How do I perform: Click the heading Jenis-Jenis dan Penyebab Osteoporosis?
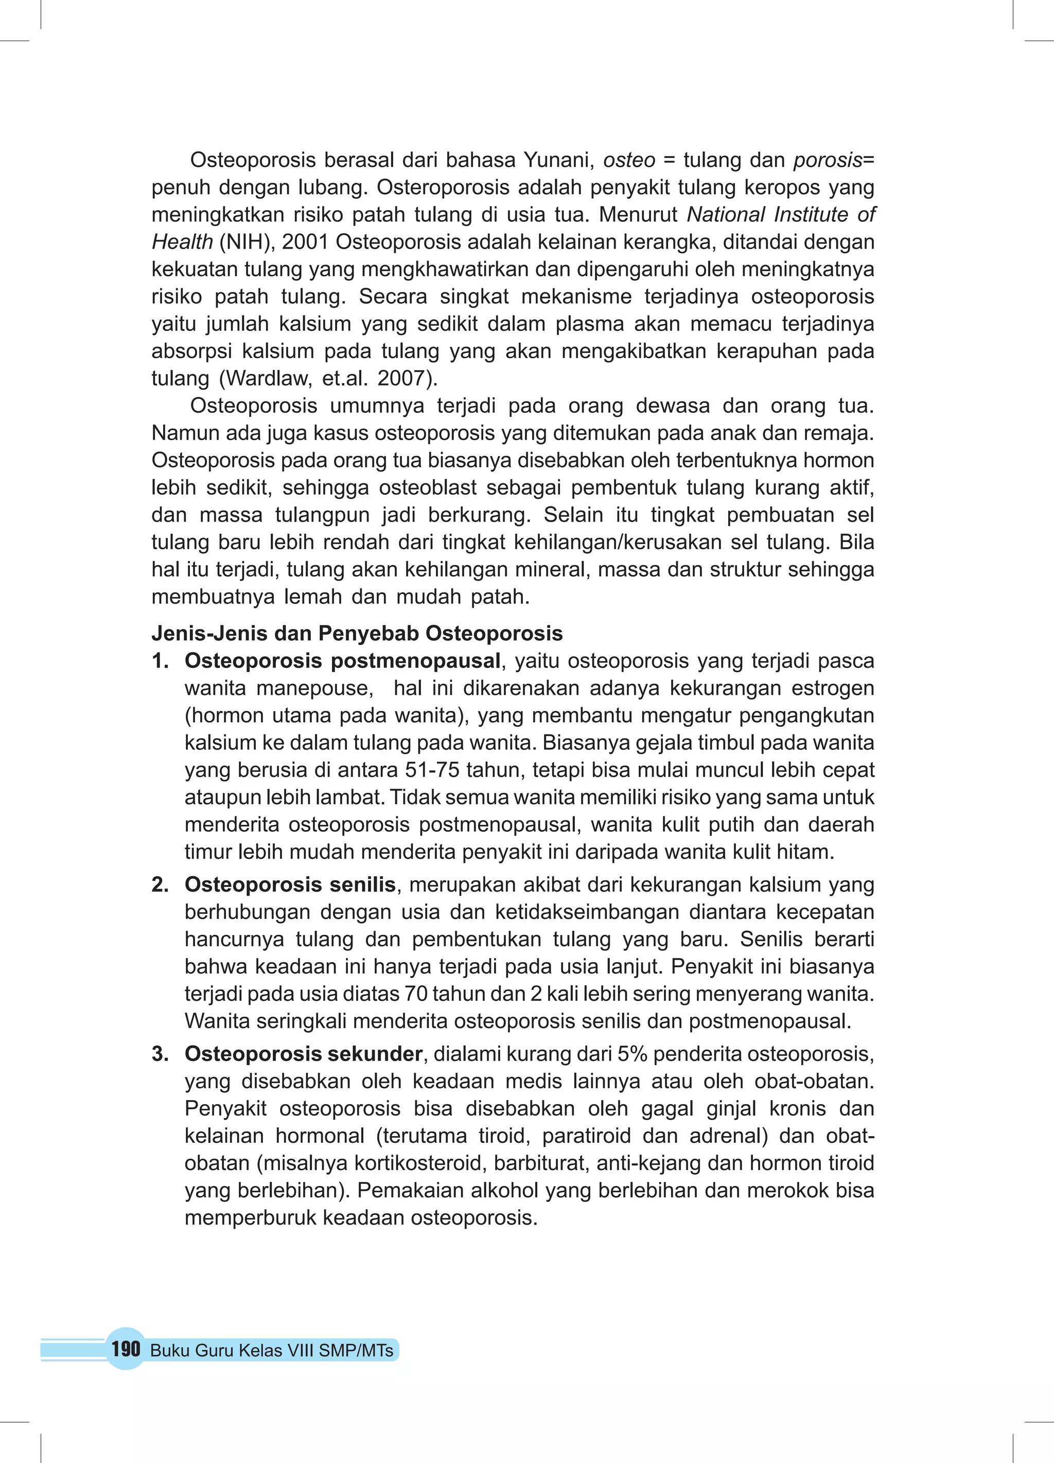pyautogui.click(x=357, y=634)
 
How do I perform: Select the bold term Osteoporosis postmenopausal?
pyautogui.click(x=342, y=661)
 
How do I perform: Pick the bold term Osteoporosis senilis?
pyautogui.click(x=290, y=884)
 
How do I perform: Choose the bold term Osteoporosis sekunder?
pyautogui.click(x=303, y=1054)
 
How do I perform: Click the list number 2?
pyautogui.click(x=160, y=884)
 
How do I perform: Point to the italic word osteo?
pyautogui.click(x=629, y=160)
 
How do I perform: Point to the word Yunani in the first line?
pyautogui.click(x=557, y=160)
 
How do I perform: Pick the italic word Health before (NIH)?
pyautogui.click(x=182, y=242)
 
